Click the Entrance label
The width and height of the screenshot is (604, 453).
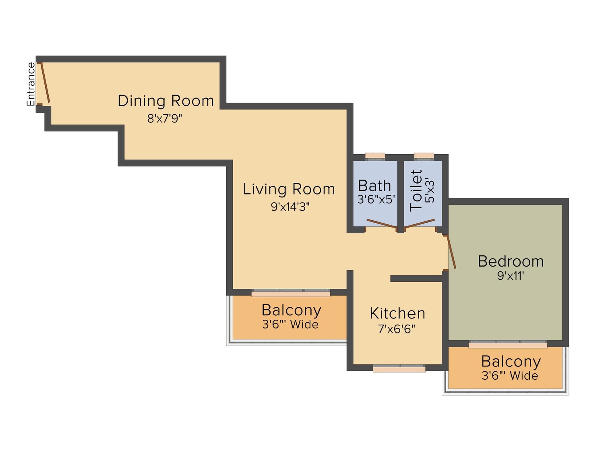coord(31,84)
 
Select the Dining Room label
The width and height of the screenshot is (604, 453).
coord(165,101)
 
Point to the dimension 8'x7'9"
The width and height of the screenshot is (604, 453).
coord(165,118)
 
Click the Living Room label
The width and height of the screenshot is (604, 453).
coord(289,189)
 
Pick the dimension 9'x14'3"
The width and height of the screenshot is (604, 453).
coord(290,207)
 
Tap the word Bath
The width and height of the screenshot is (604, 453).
coord(374,185)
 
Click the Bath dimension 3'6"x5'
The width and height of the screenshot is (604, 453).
coord(376,199)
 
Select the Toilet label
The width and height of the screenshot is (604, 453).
coord(416,190)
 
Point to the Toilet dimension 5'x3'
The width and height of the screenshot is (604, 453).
coord(430,190)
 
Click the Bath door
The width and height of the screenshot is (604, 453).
coord(382,223)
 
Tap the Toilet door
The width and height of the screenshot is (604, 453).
coord(419,223)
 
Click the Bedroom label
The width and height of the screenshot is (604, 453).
coord(511,261)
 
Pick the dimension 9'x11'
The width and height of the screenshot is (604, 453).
coord(511,275)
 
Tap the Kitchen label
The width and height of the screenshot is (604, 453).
coord(397,313)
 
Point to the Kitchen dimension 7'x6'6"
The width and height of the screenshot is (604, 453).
coord(397,329)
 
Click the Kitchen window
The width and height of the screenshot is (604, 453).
coord(399,368)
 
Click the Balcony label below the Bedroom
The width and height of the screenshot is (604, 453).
coord(511,362)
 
